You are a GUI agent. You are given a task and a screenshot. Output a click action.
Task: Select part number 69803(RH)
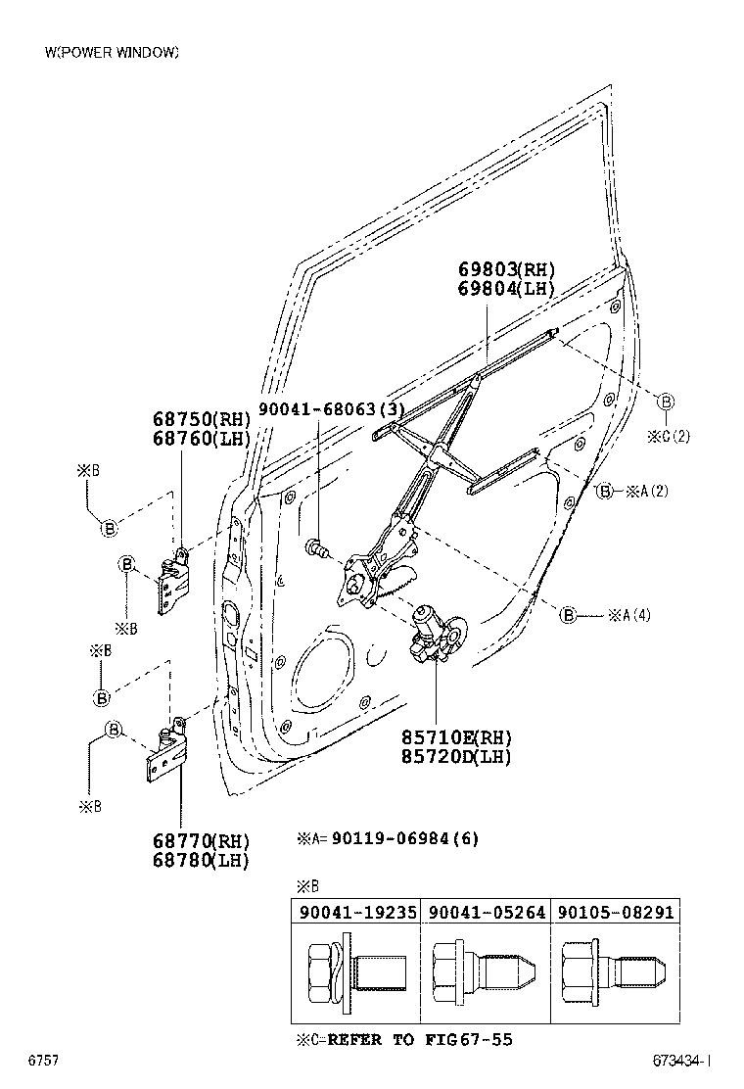point(506,269)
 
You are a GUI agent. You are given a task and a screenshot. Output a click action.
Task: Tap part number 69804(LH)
point(506,289)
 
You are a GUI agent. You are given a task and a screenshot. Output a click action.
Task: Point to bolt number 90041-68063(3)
point(331,409)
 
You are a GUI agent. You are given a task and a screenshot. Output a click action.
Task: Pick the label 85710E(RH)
point(455,736)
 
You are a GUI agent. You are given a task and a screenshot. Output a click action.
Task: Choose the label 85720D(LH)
point(455,756)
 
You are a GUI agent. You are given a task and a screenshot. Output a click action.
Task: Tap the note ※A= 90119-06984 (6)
point(388,839)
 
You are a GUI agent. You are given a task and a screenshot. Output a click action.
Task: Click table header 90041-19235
point(355,912)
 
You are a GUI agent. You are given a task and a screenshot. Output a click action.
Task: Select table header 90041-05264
point(486,912)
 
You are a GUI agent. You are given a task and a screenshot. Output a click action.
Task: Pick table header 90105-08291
point(616,912)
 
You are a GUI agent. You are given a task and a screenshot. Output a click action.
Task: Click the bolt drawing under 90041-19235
point(355,972)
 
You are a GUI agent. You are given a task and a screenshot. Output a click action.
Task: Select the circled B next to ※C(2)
point(666,402)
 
